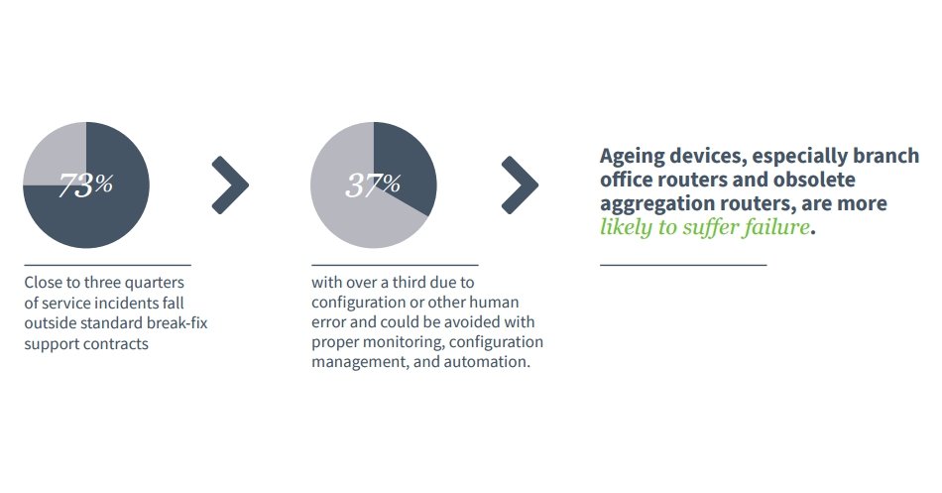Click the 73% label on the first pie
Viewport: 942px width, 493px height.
pos(86,185)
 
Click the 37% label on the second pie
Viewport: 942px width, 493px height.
pos(373,185)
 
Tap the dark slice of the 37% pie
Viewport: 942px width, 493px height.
pos(402,164)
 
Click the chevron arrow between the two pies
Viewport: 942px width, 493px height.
pos(230,185)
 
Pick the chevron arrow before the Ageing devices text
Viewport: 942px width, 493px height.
pos(520,185)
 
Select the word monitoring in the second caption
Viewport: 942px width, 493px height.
pos(400,342)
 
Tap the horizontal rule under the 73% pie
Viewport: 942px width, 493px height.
pos(107,265)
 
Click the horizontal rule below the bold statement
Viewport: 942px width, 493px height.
pos(683,265)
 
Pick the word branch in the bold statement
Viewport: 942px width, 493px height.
pos(886,156)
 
